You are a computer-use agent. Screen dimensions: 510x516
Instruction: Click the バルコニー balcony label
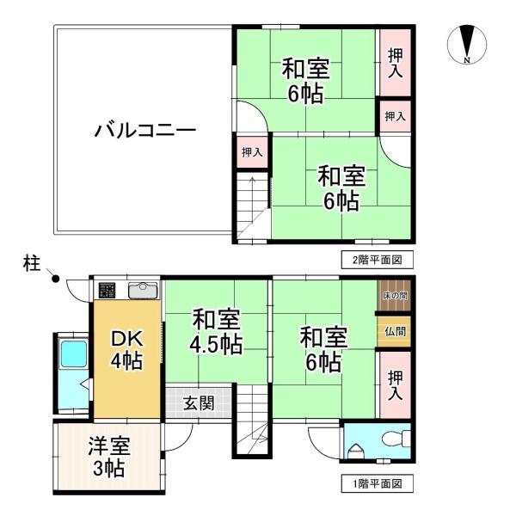[x=145, y=131]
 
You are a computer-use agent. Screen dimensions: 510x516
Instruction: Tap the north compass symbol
[x=466, y=44]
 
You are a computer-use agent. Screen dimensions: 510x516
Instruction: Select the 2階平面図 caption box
[x=377, y=260]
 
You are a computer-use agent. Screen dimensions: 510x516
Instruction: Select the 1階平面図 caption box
[x=377, y=483]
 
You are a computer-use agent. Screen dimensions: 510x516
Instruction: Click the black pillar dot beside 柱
[x=56, y=279]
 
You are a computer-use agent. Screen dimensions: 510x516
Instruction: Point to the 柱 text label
[x=32, y=264]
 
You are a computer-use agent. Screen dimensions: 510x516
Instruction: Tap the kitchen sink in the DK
[x=143, y=291]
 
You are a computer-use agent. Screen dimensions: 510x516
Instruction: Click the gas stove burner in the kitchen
[x=107, y=291]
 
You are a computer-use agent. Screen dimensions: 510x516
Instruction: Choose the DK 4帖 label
[x=127, y=350]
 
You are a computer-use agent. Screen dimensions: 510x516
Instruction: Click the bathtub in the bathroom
[x=74, y=353]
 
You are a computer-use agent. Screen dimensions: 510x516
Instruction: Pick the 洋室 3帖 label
[x=109, y=457]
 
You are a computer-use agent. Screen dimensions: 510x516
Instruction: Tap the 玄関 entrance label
[x=199, y=403]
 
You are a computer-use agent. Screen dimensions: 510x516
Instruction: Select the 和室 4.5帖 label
[x=216, y=331]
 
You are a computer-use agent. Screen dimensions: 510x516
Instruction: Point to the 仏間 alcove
[x=394, y=331]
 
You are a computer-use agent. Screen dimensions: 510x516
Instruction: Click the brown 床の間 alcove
[x=394, y=295]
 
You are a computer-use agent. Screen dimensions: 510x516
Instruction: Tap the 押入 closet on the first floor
[x=395, y=384]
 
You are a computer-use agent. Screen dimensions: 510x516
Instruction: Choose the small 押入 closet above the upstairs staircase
[x=252, y=152]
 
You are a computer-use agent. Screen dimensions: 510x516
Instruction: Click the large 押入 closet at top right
[x=395, y=63]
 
